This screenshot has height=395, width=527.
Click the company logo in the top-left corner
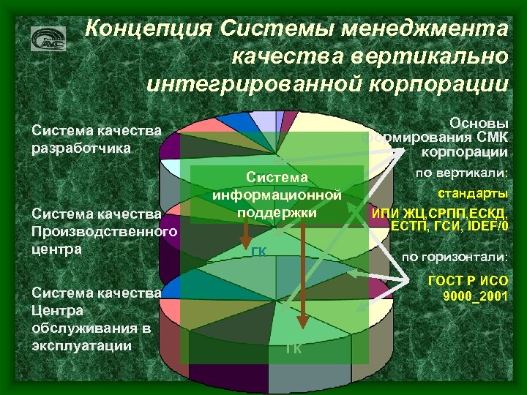coord(48,38)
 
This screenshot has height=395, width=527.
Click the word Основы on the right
coord(479,123)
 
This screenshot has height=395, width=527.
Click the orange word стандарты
coord(473,194)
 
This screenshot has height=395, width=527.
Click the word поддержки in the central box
coord(277,212)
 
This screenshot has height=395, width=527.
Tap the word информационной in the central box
coord(277,195)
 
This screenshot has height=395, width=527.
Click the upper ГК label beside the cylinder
coord(258,252)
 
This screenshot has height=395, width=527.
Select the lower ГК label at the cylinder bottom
coord(294,348)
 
